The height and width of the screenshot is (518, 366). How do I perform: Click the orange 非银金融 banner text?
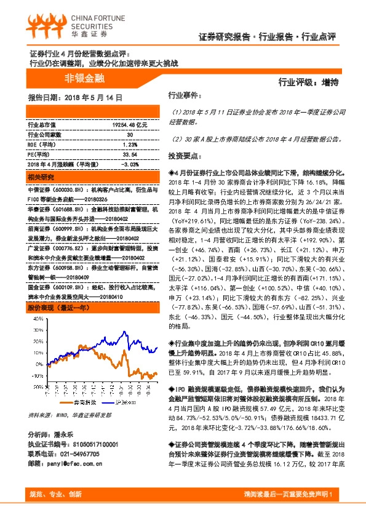84,79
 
